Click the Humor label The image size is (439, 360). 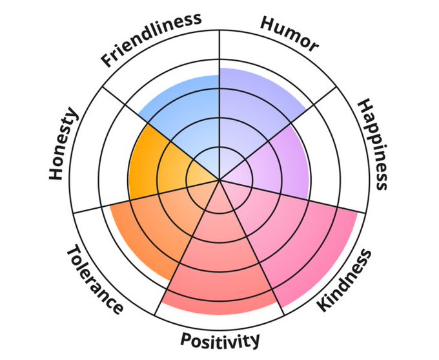(289, 34)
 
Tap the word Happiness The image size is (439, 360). (373, 145)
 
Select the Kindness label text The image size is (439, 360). (346, 281)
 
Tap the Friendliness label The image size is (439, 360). (151, 39)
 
